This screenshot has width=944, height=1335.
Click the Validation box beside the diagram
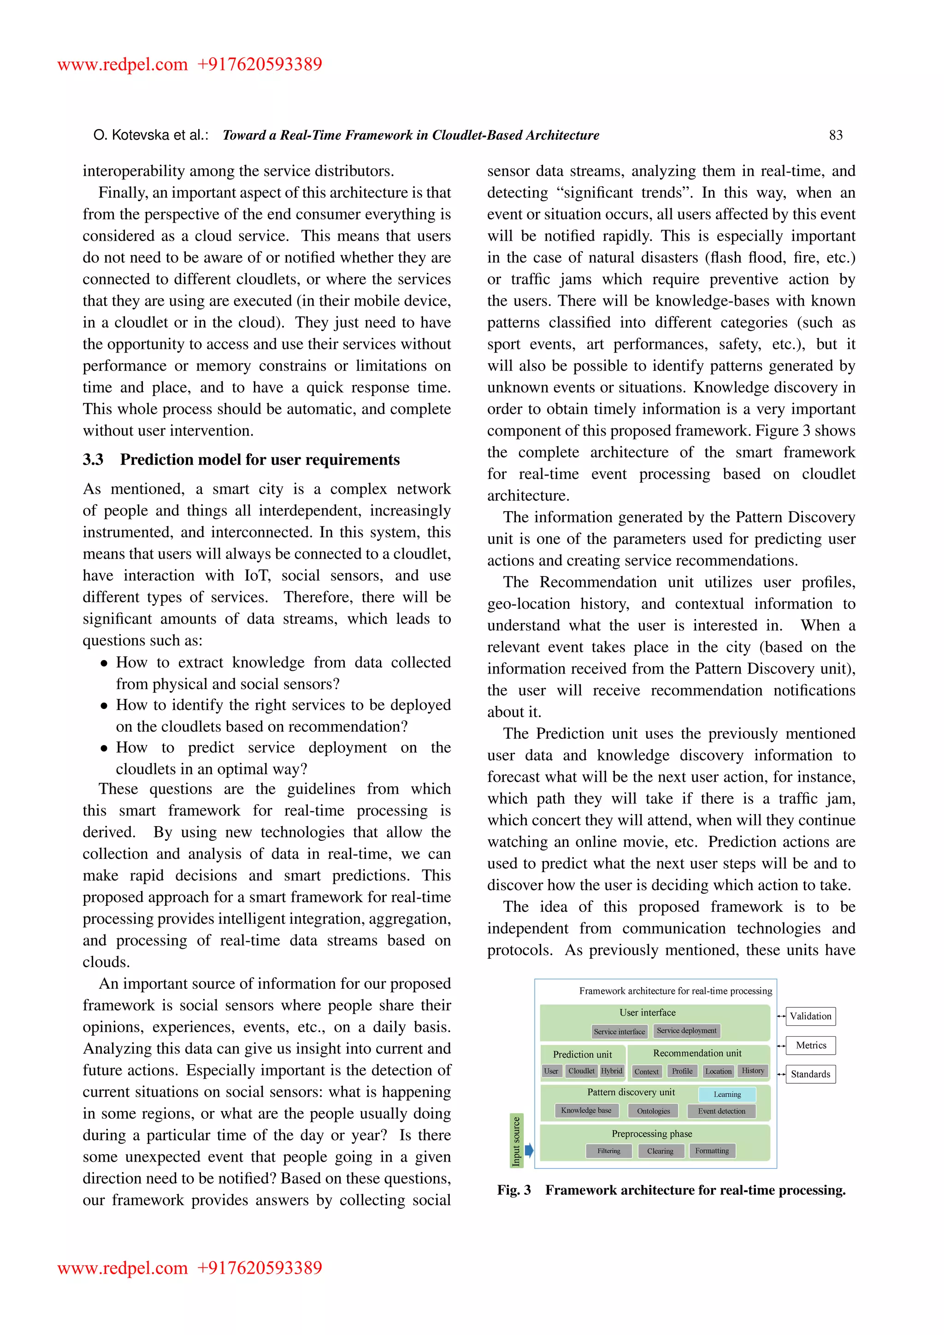810,1016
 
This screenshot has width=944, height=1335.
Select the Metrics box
810,1045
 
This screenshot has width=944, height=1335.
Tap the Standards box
810,1074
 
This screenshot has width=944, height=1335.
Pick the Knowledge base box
586,1111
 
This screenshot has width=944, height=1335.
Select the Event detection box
721,1111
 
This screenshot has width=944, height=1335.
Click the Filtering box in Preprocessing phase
608,1151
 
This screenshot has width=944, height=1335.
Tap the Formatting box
712,1151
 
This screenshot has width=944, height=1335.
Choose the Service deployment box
686,1031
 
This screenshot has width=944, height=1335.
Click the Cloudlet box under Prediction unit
581,1071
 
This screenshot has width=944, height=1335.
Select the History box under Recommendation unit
753,1071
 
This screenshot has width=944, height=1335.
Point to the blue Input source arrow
529,1150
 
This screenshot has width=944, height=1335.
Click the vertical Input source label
516,1141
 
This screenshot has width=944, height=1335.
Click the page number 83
835,136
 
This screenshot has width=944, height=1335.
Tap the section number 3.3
93,460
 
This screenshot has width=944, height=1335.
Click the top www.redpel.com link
123,64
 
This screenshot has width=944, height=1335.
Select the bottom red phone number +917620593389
260,1268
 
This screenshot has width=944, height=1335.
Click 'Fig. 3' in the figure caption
514,1190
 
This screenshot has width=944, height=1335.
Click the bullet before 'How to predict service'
104,748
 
